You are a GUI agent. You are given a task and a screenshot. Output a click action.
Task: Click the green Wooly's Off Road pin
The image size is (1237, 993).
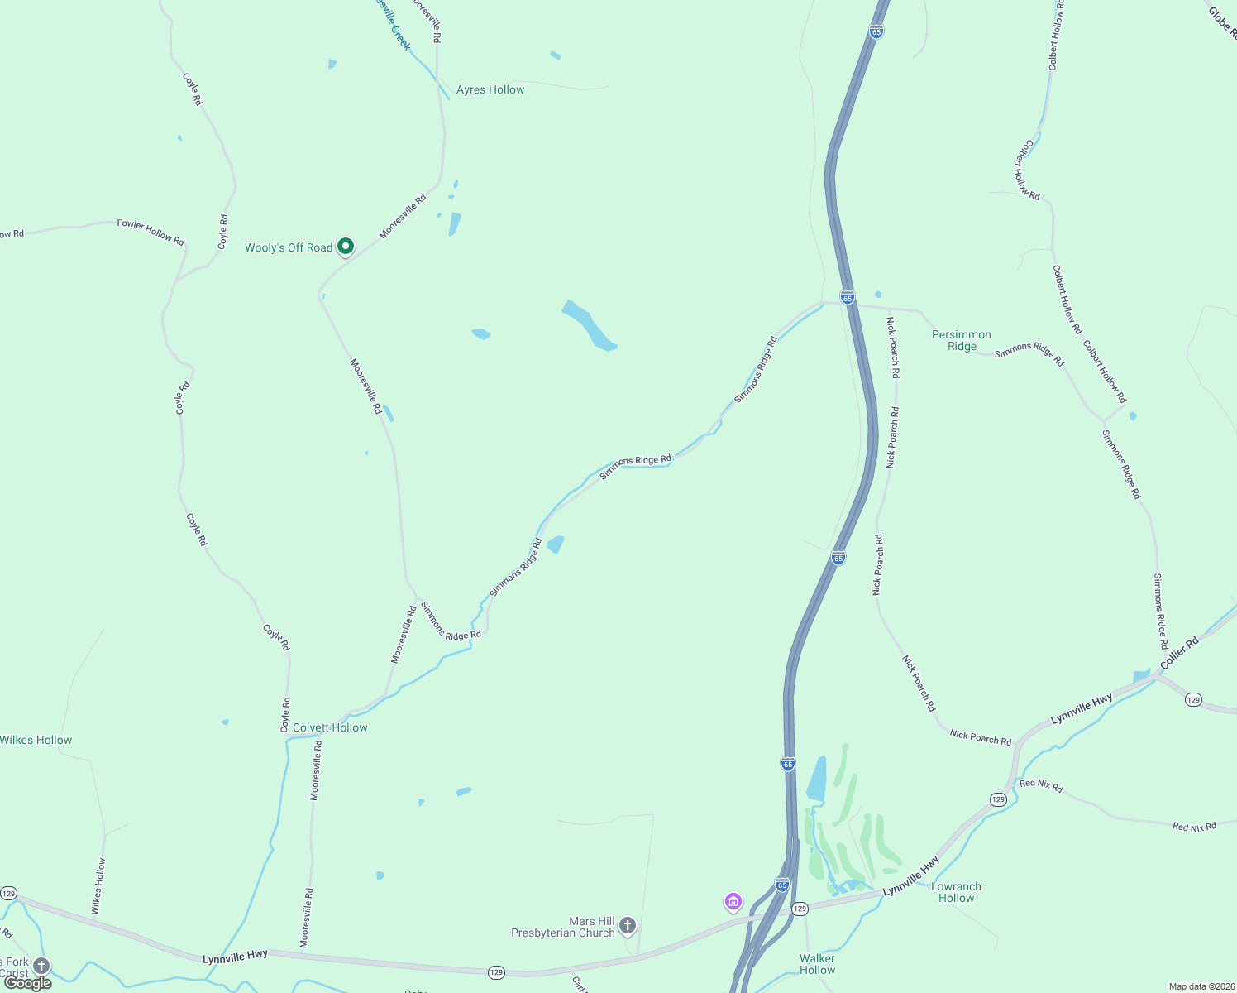point(346,246)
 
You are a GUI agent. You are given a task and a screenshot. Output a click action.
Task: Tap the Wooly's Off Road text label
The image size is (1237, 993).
point(289,247)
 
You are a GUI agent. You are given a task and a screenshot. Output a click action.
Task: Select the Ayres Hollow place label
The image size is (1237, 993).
point(490,89)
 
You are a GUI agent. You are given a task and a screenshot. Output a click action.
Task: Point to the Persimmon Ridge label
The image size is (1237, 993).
point(962,340)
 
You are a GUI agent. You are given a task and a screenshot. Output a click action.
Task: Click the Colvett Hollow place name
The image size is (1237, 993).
point(330,727)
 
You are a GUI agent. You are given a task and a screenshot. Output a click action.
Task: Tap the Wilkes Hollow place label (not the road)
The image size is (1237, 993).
point(36,740)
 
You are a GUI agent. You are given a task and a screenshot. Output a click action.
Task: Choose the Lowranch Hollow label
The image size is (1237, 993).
point(956,892)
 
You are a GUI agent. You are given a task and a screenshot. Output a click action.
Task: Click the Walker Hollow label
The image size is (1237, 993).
point(817,964)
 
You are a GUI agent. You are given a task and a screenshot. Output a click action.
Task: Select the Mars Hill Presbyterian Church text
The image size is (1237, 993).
point(563,927)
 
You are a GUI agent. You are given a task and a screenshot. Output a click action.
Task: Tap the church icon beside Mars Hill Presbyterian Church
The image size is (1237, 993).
point(628,925)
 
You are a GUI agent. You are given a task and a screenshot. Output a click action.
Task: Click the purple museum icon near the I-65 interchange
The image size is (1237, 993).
point(733,900)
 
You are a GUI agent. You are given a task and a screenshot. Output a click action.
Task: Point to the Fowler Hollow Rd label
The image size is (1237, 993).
point(150,232)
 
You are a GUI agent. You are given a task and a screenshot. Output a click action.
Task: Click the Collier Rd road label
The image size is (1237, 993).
point(1179,653)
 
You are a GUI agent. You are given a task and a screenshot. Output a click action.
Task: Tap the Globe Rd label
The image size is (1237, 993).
point(1222,22)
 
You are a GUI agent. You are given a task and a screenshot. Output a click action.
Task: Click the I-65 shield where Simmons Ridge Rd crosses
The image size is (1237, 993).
point(847,297)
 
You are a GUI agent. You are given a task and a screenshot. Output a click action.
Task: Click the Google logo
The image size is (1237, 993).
point(28,982)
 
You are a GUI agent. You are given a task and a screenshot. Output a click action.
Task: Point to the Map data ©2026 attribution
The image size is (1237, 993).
point(1201,986)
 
